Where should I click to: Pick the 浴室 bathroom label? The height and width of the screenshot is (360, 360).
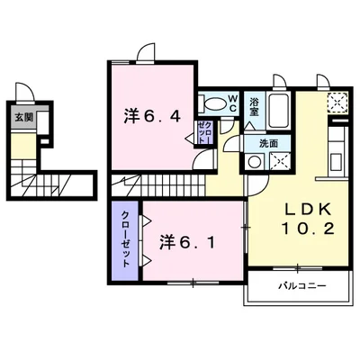click(255, 105)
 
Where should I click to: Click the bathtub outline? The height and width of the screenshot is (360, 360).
click(276, 109)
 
